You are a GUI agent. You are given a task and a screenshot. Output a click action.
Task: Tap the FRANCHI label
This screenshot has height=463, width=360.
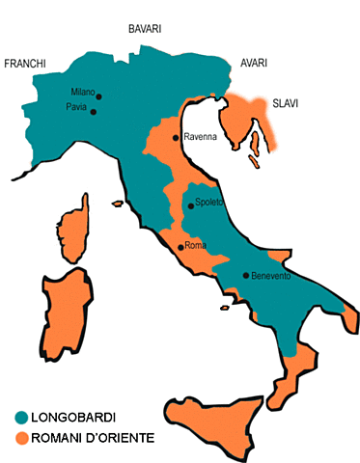coord(26,64)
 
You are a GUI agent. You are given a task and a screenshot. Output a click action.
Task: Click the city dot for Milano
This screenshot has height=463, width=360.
coord(98,95)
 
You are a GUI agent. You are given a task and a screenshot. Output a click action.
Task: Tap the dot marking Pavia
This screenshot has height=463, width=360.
coord(94,112)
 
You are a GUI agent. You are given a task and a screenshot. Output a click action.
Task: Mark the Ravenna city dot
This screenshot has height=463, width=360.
coord(175,138)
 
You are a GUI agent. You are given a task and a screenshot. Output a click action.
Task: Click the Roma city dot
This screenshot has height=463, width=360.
coord(180,247)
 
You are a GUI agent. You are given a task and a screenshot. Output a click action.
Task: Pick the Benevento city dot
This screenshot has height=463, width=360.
coord(245,275)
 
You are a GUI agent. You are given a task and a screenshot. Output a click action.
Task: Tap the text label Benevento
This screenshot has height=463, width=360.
coord(270,276)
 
